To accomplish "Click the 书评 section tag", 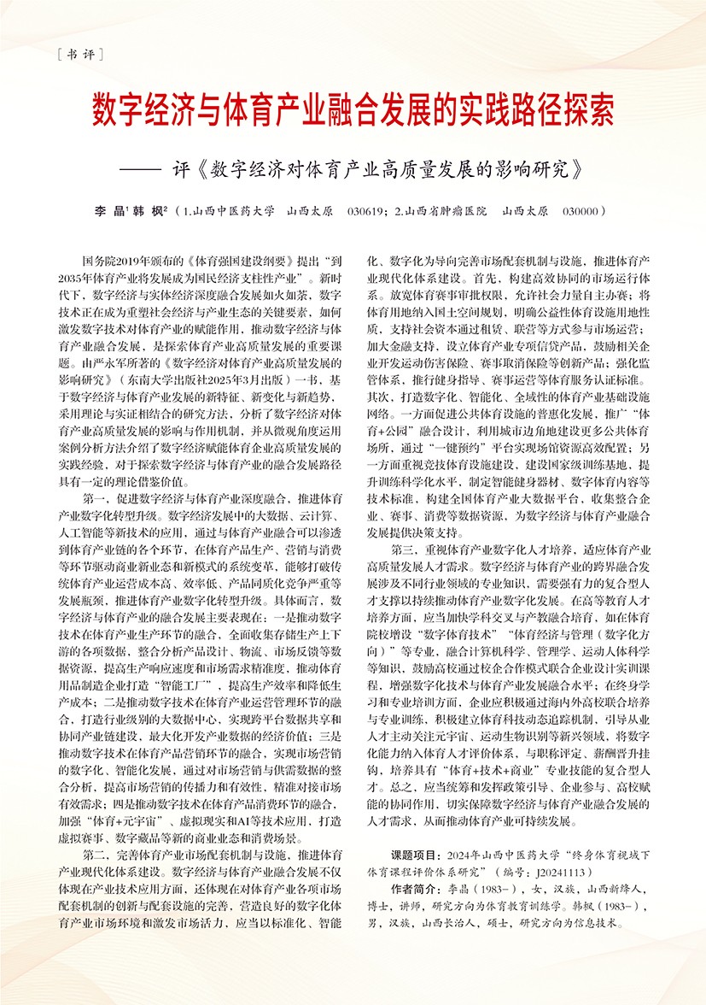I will tap(76, 55).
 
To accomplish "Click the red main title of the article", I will tap(352, 110).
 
